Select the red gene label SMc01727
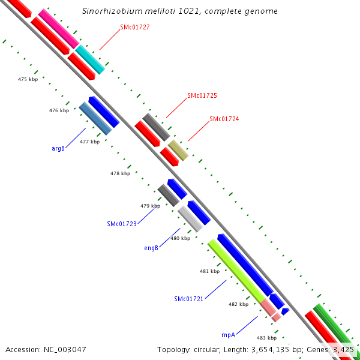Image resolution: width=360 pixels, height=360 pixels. tap(135, 27)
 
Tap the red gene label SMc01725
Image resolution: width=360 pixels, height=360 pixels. tap(202, 95)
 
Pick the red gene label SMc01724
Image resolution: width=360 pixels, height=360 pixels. tap(224, 119)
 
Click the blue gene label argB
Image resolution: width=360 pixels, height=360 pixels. tap(58, 148)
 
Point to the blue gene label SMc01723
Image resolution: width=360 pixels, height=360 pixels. tap(122, 224)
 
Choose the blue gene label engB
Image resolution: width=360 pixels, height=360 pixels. tap(151, 247)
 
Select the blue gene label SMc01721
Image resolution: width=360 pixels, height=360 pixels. tap(189, 299)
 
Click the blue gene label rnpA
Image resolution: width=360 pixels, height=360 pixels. tap(228, 335)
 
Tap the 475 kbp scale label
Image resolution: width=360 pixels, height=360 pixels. tap(28, 79)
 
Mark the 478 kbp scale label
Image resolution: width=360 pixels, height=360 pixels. tap(120, 173)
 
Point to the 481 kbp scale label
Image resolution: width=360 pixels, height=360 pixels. tap(209, 271)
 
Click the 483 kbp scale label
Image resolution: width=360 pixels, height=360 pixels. tap(266, 338)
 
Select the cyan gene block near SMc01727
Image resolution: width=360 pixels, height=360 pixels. tap(90, 59)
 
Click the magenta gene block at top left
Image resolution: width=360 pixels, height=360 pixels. tap(59, 29)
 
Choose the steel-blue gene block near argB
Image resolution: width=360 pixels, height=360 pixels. tap(95, 118)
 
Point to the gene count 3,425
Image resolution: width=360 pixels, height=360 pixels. tap(344, 349)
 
